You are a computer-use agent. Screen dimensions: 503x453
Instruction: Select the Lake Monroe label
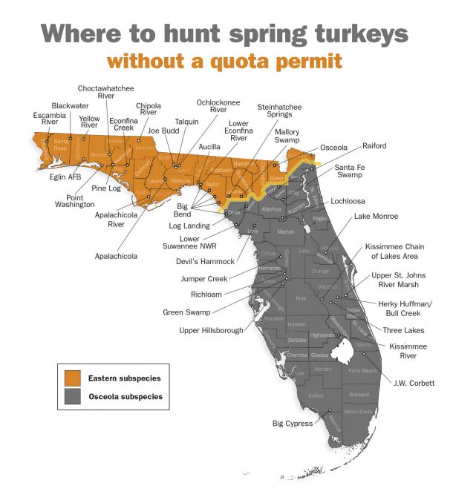click(376, 216)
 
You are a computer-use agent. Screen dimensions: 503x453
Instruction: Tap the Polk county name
click(301, 299)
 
